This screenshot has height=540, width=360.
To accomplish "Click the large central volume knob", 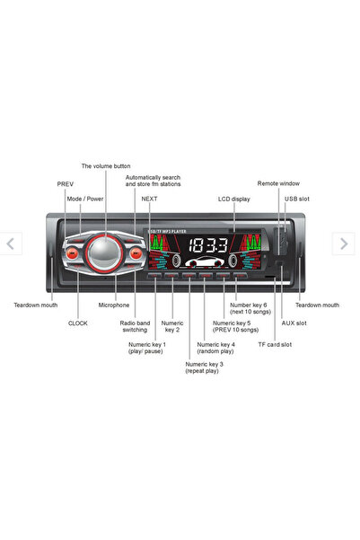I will pos(106,252).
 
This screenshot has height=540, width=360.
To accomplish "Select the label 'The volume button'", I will pos(106,165).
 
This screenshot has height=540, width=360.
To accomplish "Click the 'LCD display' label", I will pos(234,199).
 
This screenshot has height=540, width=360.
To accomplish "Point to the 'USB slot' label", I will pos(298,198).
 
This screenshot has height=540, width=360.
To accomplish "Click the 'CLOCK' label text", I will pos(78,323).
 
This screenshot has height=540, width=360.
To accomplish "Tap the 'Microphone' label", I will pos(114,305).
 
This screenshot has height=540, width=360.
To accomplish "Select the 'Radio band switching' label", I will pos(135,326).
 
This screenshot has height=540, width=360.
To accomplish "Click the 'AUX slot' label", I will pos(294,323).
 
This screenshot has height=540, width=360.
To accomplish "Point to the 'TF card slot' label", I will pos(275,344).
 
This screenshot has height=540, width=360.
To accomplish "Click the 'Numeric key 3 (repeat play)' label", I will pos(204,367).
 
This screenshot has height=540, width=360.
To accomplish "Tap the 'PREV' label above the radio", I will pos(66,183).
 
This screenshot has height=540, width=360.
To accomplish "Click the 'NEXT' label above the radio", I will pos(149,198).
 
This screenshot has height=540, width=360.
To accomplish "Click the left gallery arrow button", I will pos(11,243).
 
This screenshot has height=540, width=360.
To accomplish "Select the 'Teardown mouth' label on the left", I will pos(35,305).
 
